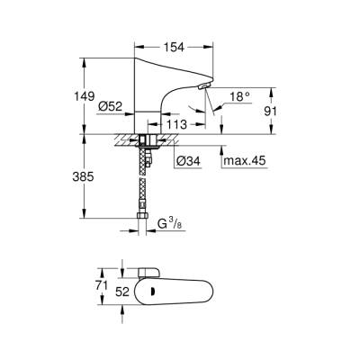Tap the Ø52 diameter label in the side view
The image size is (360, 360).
110,108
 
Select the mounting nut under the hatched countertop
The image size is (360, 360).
143,142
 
